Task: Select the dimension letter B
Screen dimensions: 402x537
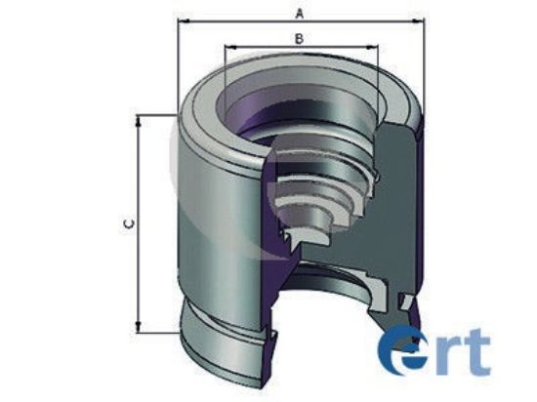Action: click(300, 38)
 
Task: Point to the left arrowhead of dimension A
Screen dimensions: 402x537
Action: click(183, 19)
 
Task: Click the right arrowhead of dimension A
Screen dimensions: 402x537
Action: click(425, 19)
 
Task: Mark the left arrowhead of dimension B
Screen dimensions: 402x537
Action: click(228, 46)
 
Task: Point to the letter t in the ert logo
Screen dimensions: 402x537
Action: click(475, 353)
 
